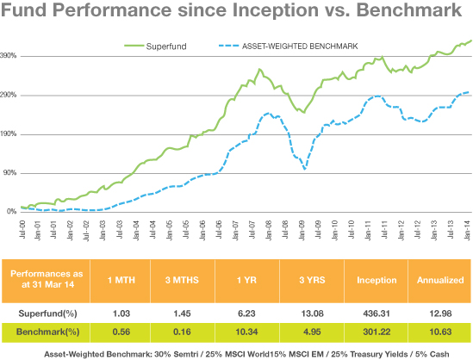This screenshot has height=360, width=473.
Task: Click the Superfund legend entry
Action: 156,47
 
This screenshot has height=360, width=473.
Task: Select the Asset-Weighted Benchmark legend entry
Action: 289,47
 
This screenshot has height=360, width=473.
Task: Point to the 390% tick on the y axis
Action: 8,56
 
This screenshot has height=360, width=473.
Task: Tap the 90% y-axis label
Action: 10,173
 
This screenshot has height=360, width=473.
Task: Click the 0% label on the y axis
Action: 12,212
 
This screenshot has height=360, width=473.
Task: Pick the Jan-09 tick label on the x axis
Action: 302,230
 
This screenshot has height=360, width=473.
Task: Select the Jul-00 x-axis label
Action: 22,229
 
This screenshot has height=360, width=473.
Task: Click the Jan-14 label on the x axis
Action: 467,230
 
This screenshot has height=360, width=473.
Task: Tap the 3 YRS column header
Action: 312,280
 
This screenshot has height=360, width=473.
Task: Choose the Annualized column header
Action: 440,280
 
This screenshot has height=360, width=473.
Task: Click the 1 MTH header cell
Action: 121,280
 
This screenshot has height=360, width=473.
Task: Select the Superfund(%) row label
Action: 47,313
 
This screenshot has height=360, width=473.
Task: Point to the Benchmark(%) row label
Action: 47,332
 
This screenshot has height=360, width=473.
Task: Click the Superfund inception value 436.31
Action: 377,313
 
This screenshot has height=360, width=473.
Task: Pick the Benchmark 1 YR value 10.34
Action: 246,332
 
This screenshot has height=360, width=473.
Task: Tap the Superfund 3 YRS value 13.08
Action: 312,313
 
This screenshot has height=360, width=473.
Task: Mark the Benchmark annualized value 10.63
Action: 440,332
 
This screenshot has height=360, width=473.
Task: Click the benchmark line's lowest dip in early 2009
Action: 305,169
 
